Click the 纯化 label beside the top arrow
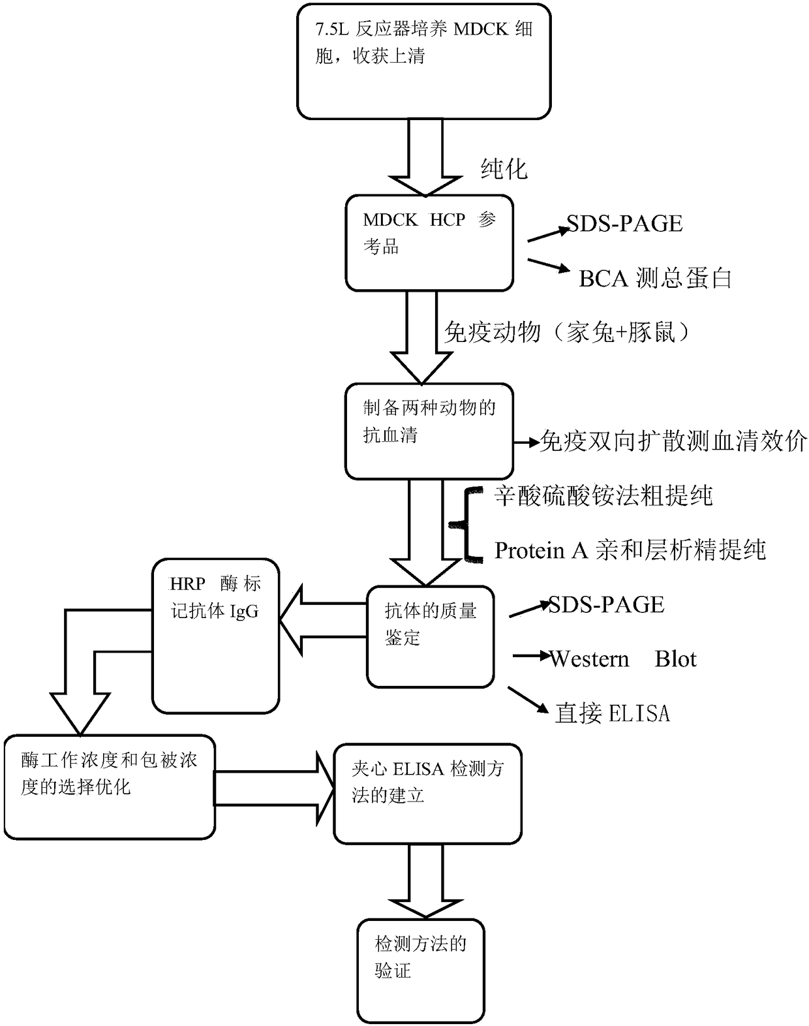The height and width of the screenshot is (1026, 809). (504, 169)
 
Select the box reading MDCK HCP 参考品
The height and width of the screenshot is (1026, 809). (429, 243)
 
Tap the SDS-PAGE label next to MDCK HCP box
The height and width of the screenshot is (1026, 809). (624, 223)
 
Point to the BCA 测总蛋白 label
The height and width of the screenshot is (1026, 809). (655, 278)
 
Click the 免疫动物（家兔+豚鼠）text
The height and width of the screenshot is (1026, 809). (567, 332)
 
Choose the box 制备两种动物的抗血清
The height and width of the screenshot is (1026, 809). (429, 431)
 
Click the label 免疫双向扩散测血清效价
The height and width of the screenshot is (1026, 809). (673, 441)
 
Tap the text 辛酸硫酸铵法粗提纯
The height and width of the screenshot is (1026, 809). (603, 495)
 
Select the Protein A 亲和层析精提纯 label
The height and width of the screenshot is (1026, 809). (630, 550)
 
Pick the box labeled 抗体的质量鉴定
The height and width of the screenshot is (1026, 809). (431, 636)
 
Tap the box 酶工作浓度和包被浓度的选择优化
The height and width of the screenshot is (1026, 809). (110, 787)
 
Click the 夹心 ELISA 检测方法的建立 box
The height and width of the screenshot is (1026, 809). (427, 794)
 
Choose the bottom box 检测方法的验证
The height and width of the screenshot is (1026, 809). (420, 971)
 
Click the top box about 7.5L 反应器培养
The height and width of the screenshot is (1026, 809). (424, 61)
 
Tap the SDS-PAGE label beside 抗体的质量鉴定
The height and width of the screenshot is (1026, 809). (606, 604)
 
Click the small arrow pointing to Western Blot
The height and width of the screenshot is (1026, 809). (531, 656)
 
